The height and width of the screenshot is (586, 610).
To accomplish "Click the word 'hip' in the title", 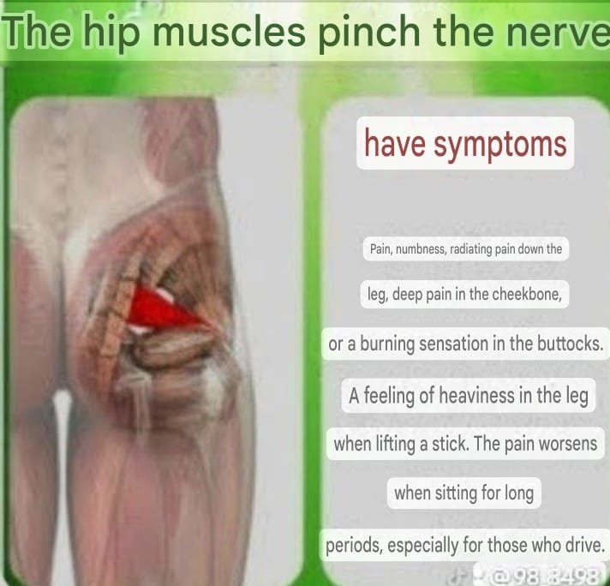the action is [111, 33].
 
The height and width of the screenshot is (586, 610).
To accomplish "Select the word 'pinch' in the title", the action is [369, 33].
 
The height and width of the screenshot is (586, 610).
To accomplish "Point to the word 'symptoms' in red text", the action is [499, 145].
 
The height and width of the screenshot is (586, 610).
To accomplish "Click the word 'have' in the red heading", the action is [395, 142].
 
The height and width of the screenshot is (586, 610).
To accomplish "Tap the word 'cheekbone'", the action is [527, 294].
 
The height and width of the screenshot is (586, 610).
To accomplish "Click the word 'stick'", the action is [449, 443].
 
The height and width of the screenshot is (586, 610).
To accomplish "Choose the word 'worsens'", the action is [571, 443].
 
